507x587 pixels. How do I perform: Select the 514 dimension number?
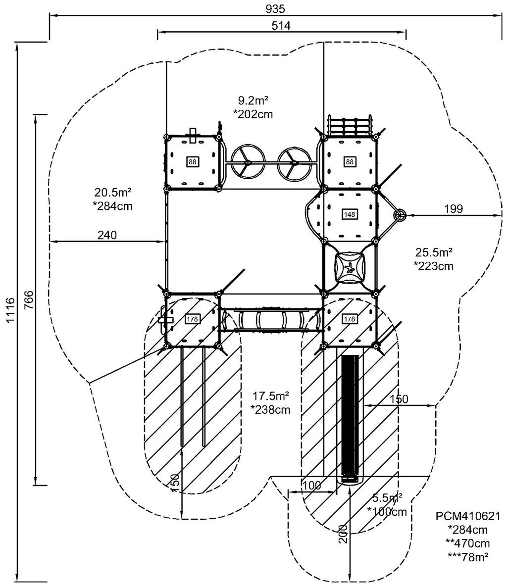pyautogui.click(x=281, y=26)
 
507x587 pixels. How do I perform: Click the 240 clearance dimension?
pyautogui.click(x=107, y=235)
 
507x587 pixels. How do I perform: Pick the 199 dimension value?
pyautogui.click(x=453, y=209)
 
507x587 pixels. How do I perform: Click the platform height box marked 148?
pyautogui.click(x=350, y=214)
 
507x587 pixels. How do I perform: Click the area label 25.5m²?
pyautogui.click(x=434, y=252)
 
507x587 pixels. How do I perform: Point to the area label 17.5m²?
pyautogui.click(x=270, y=396)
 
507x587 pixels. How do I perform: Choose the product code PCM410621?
pyautogui.click(x=468, y=516)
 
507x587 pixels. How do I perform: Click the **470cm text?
pyautogui.click(x=468, y=542)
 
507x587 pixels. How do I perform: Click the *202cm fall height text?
pyautogui.click(x=253, y=114)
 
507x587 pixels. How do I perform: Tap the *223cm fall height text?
pyautogui.click(x=434, y=266)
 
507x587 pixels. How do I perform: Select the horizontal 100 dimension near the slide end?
pyautogui.click(x=311, y=485)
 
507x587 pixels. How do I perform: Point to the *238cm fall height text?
pyautogui.click(x=270, y=409)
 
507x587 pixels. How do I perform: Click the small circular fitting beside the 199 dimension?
pyautogui.click(x=399, y=215)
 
